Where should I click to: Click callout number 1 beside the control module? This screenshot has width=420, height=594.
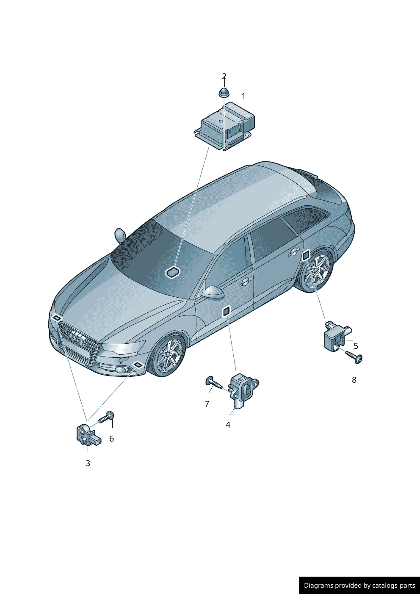(244, 96)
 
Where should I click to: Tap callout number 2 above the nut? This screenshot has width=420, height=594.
(224, 76)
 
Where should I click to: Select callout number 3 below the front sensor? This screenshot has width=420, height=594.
(88, 463)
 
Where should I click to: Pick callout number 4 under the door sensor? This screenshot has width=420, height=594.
(228, 425)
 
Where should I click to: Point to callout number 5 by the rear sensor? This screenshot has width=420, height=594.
(356, 346)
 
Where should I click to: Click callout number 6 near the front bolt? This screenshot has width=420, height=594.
(112, 439)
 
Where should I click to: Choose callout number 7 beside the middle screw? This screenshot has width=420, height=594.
(207, 403)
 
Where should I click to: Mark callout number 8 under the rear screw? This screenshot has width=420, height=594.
(354, 380)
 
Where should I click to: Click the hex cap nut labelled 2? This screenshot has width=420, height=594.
(224, 92)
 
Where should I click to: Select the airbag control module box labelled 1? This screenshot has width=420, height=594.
(224, 126)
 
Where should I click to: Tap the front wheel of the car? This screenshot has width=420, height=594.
(168, 355)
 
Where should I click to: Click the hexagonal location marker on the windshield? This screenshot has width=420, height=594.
(173, 273)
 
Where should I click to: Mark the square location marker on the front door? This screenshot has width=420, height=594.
(227, 311)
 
